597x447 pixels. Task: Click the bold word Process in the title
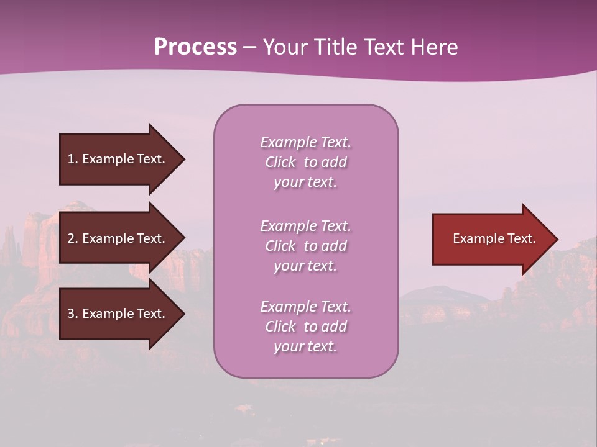click(x=195, y=47)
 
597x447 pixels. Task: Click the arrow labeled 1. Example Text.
click(x=118, y=159)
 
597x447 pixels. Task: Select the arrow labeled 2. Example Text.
click(x=118, y=238)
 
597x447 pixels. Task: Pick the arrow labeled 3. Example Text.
click(x=118, y=314)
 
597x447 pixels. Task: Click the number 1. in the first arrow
click(x=73, y=159)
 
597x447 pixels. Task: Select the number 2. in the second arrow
click(x=73, y=238)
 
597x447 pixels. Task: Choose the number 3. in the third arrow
click(x=73, y=314)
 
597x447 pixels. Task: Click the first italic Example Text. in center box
click(x=305, y=142)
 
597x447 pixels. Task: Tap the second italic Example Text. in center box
click(x=305, y=226)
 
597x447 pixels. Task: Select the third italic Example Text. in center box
click(x=305, y=307)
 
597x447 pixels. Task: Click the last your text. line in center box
click(x=305, y=346)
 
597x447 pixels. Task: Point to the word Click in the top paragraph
click(x=280, y=162)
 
